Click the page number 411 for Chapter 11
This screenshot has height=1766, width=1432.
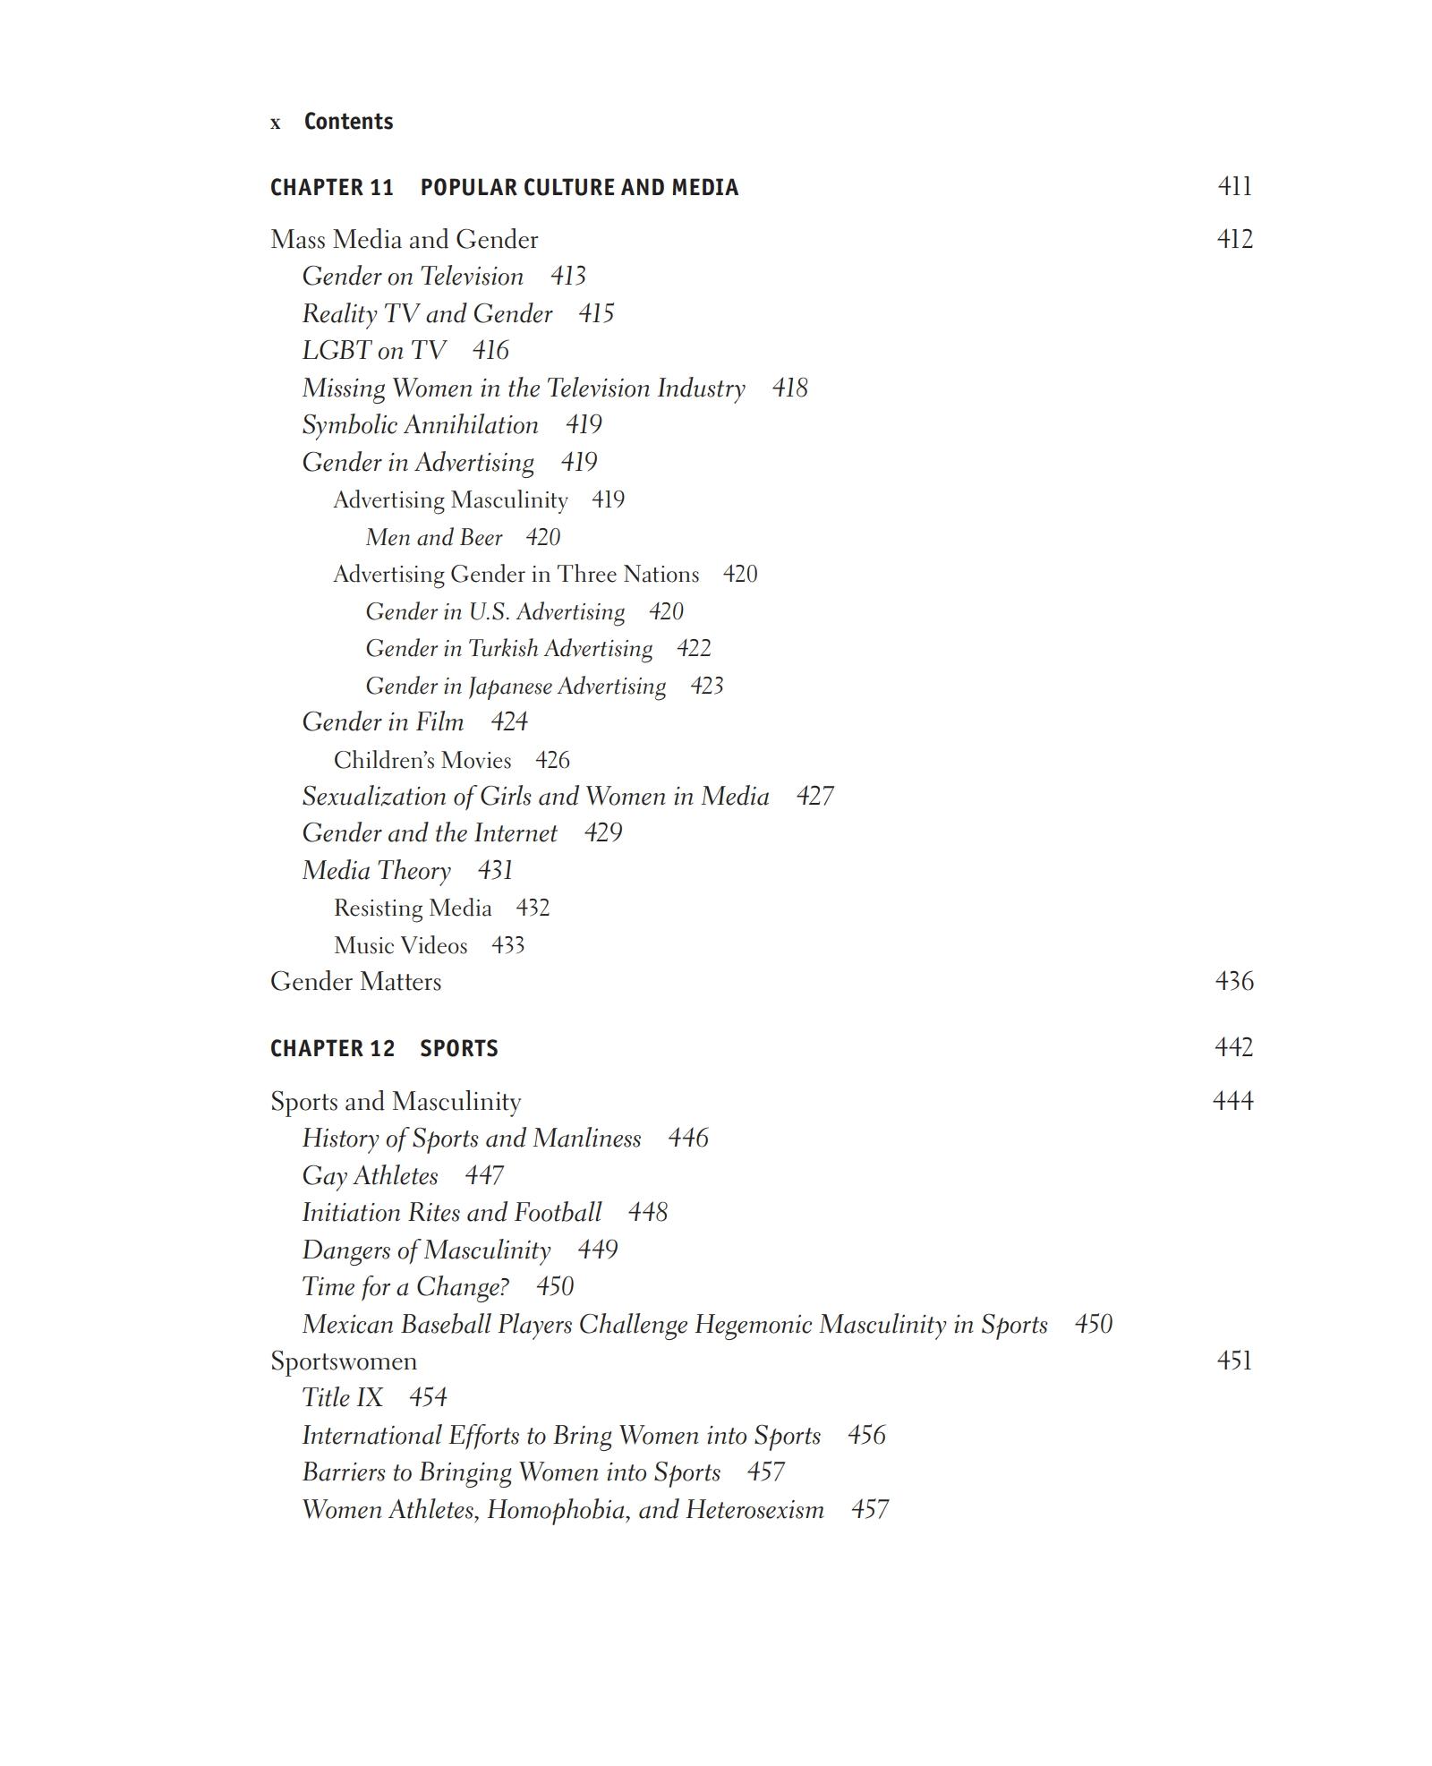tap(1234, 186)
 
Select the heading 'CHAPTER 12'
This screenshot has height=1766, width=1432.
tap(332, 1048)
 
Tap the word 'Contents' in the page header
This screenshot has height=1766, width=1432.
tap(348, 122)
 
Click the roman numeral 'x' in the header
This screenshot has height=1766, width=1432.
tap(276, 124)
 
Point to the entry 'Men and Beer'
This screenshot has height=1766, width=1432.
tap(434, 537)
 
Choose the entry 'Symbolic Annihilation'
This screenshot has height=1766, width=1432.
tap(420, 425)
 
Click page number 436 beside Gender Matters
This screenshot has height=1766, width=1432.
tap(1234, 981)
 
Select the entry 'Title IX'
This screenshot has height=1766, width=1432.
tap(342, 1397)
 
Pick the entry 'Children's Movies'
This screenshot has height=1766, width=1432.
tap(422, 760)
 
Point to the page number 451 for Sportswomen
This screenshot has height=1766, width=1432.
tap(1234, 1361)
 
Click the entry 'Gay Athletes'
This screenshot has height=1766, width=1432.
tap(370, 1175)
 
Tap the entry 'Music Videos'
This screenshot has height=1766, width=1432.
tap(400, 945)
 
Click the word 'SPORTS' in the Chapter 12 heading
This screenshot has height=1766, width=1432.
tap(458, 1048)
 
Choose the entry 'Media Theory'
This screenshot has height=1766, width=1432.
tap(376, 870)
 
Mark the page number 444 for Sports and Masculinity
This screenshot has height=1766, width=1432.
tap(1232, 1100)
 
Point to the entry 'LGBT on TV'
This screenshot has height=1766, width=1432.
tap(373, 350)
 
